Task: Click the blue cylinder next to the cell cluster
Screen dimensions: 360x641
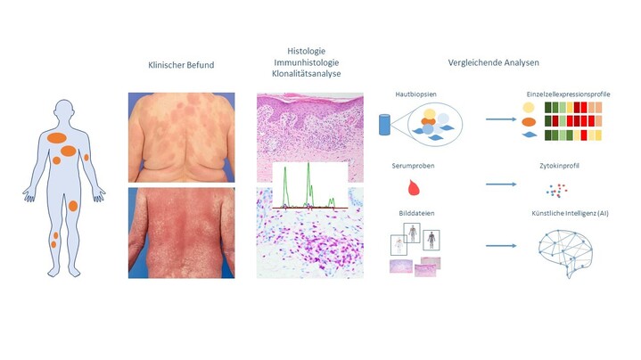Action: [385, 125]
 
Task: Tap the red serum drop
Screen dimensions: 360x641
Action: [413, 187]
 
